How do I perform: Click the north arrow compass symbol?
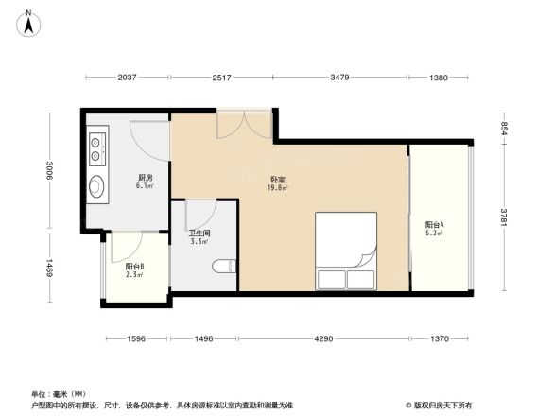29,21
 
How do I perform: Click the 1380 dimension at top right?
439,78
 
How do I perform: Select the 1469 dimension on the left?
50,268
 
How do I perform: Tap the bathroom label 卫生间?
199,233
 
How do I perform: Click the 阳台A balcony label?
435,225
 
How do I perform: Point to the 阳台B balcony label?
135,267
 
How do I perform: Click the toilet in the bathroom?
224,268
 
